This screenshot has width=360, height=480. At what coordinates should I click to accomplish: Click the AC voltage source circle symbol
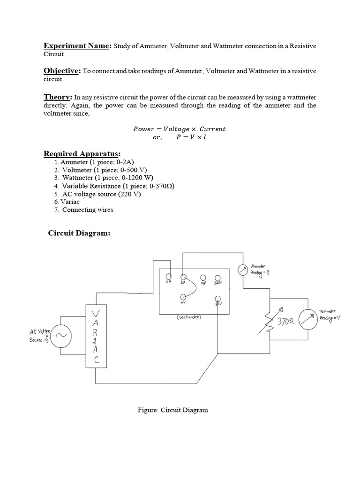pyautogui.click(x=61, y=336)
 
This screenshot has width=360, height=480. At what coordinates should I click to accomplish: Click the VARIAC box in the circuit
pyautogui.click(x=96, y=335)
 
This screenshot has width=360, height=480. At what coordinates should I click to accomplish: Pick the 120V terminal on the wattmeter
pyautogui.click(x=217, y=298)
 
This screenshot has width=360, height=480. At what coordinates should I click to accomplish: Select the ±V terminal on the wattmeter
pyautogui.click(x=183, y=297)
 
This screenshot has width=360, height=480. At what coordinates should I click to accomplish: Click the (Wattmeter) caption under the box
pyautogui.click(x=189, y=317)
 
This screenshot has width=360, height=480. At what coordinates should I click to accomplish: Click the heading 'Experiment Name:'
pyautogui.click(x=77, y=45)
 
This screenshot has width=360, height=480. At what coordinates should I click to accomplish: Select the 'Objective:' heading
pyautogui.click(x=62, y=71)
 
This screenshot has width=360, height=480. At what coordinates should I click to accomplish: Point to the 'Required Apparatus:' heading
pyautogui.click(x=82, y=154)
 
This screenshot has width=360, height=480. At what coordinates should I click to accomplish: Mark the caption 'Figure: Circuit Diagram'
pyautogui.click(x=172, y=410)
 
